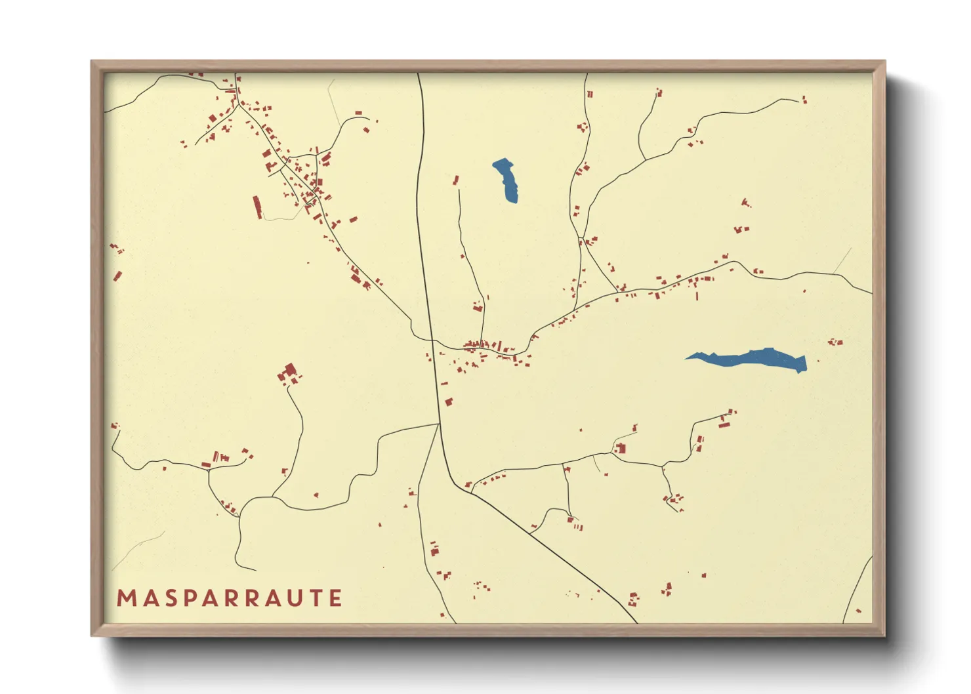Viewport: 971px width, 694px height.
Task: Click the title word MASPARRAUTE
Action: coord(229,598)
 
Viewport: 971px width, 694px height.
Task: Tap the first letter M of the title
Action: coord(125,598)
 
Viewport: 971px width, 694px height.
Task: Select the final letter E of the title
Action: coord(336,598)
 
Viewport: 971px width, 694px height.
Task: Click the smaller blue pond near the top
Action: coord(506,180)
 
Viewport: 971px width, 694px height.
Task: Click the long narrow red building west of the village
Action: coord(257,207)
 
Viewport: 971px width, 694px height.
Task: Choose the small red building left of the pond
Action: coord(455,179)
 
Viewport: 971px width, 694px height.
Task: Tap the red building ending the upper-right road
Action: coord(804,100)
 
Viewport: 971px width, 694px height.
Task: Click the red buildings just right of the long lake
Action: coord(835,341)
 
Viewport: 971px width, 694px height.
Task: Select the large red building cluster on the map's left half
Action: coord(288,375)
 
